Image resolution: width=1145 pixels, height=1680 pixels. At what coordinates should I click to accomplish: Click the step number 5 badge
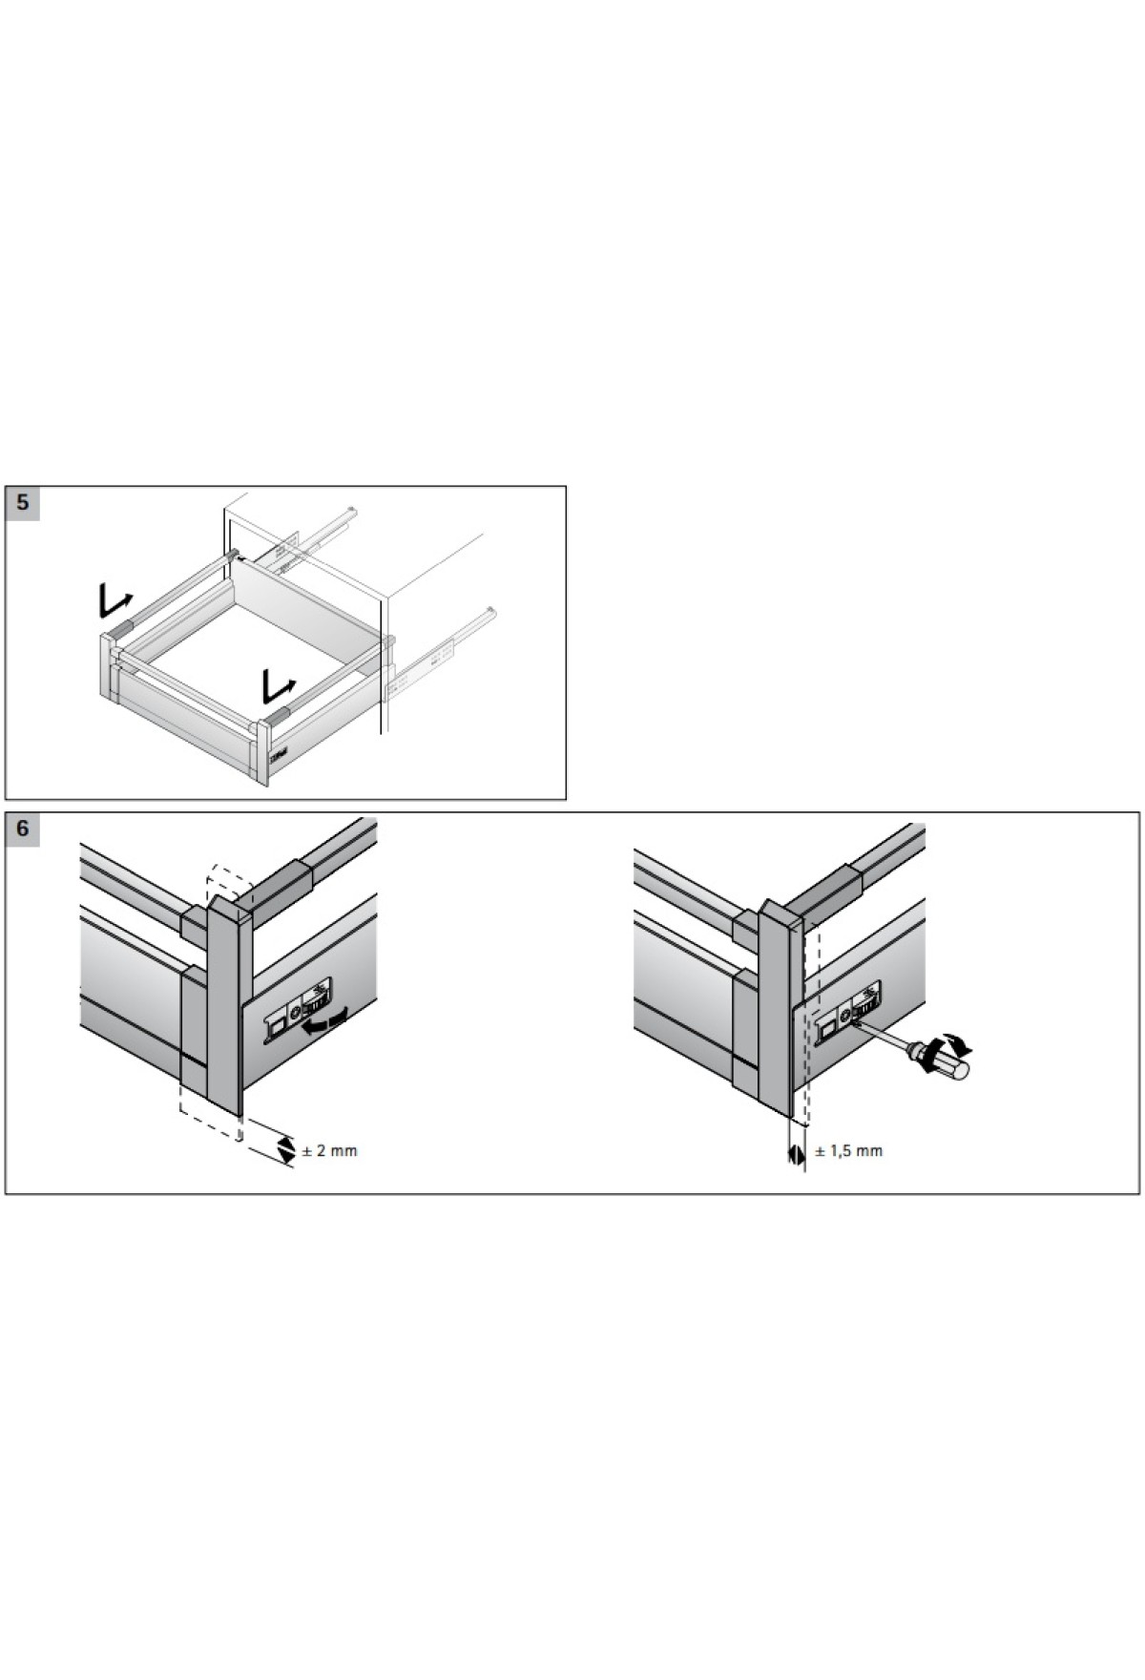pos(23,503)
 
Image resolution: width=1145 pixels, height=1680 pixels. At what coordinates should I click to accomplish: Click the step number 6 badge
pos(23,829)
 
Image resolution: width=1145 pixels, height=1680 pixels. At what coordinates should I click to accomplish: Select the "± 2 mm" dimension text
pos(329,1151)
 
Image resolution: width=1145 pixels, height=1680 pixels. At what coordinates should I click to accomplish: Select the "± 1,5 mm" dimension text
pos(848,1151)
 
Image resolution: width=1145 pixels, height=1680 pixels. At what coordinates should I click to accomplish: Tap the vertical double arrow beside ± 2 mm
pos(285,1150)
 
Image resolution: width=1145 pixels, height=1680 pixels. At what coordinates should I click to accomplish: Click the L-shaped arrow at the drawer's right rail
pos(279,683)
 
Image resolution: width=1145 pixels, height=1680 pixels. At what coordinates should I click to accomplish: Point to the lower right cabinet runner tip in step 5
pos(489,612)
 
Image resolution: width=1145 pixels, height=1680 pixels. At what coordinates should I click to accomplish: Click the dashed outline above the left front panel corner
pos(229,880)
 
